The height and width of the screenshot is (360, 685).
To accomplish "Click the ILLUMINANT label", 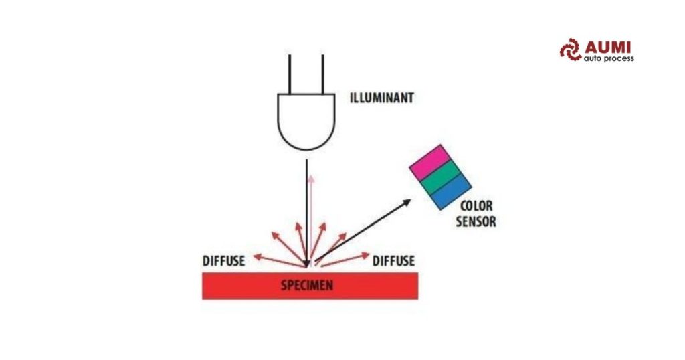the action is (x=381, y=98).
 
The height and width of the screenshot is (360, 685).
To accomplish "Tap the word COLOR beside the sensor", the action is (x=476, y=206).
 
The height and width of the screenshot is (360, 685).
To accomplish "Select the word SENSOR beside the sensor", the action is (x=476, y=221).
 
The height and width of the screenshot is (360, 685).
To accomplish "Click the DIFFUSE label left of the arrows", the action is (x=223, y=261).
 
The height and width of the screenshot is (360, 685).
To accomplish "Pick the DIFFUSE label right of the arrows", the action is (x=393, y=261).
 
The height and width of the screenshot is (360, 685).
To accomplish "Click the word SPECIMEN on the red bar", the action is (x=307, y=286).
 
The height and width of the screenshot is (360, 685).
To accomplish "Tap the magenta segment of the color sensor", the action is (x=429, y=162).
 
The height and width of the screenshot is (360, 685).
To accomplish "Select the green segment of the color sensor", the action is (x=440, y=177).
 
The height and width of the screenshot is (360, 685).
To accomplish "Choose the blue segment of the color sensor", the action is (x=452, y=192).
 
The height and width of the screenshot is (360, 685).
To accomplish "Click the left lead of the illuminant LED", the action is (x=290, y=74).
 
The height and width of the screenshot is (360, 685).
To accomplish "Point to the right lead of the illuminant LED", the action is (x=323, y=74).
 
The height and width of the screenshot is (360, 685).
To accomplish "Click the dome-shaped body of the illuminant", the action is (x=306, y=122).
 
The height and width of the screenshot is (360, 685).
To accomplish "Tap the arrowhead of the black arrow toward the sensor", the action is (x=406, y=202).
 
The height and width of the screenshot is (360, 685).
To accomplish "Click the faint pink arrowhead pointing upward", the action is (x=310, y=178).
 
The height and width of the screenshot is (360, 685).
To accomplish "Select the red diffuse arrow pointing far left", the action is (x=279, y=261).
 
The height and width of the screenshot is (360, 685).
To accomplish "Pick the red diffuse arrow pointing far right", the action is (x=346, y=259).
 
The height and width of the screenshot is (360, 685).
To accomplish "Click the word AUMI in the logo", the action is (x=607, y=48).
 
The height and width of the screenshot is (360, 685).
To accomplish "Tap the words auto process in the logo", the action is (x=609, y=58).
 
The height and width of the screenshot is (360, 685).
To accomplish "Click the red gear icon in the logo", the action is (x=570, y=50).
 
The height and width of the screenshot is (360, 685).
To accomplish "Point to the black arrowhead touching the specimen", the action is (x=307, y=264).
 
